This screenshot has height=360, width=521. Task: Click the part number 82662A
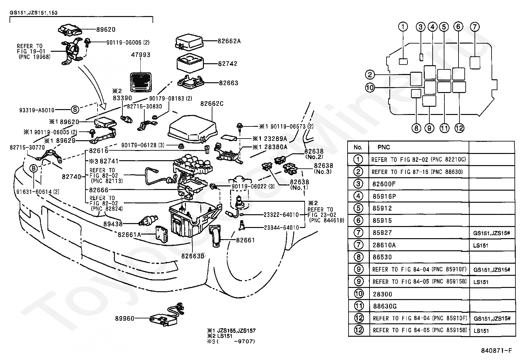click(229, 41)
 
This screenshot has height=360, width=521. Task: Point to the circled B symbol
click(34, 169)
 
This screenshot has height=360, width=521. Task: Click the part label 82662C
click(212, 104)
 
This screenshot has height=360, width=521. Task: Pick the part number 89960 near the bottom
click(124, 318)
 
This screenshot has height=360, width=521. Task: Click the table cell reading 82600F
click(384, 184)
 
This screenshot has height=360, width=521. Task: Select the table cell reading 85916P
click(384, 197)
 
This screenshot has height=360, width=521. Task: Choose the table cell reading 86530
click(382, 257)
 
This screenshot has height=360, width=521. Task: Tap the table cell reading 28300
click(382, 294)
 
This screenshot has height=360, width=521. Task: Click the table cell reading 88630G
click(385, 306)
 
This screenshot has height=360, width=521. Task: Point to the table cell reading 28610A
click(384, 245)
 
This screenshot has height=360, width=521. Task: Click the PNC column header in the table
click(384, 147)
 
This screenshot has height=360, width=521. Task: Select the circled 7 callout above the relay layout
click(475, 27)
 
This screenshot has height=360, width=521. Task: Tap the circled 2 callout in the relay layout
click(370, 75)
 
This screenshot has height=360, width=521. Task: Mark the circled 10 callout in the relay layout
click(370, 88)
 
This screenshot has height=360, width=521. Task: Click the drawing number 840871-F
click(496, 351)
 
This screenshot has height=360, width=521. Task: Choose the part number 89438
click(113, 224)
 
